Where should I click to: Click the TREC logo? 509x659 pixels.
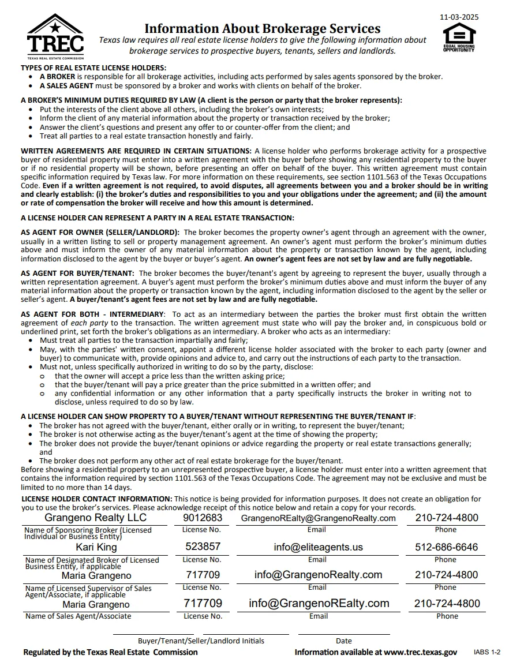coord(55,36)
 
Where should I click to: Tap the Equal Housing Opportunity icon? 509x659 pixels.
coord(459,40)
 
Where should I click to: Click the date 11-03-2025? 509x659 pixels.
coord(459,17)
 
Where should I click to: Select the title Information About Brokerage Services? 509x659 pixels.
coord(262,28)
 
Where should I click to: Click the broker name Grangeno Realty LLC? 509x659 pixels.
coord(96,518)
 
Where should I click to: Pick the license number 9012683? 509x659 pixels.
coord(203,518)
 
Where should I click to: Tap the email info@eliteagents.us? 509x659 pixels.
coord(318,547)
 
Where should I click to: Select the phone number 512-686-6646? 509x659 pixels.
coord(446,547)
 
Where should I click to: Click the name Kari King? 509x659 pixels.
coord(96,547)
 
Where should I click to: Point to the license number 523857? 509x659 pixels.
coord(203,546)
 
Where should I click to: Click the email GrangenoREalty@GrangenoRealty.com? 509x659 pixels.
coord(318,518)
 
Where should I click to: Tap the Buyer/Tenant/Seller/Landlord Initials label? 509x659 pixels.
coord(201,641)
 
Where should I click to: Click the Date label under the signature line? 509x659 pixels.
coord(343,641)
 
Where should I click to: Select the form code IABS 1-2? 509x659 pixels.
coord(488,652)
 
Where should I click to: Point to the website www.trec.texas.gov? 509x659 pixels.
coord(420,652)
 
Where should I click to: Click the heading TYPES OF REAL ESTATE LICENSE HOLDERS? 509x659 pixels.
coord(93,68)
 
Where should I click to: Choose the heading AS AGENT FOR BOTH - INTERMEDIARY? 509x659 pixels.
coord(92,314)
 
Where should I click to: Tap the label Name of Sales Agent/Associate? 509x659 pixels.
coord(78,616)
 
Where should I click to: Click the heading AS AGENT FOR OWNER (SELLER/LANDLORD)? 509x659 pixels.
coord(100,232)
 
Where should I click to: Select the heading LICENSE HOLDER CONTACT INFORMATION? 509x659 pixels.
coord(96,499)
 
